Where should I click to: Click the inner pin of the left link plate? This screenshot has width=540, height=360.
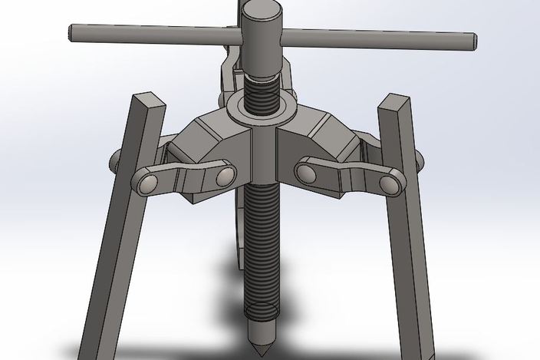pyautogui.click(x=223, y=175)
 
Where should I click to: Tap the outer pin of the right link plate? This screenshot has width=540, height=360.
pyautogui.click(x=387, y=183)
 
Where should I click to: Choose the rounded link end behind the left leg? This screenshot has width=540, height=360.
pyautogui.click(x=115, y=160)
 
